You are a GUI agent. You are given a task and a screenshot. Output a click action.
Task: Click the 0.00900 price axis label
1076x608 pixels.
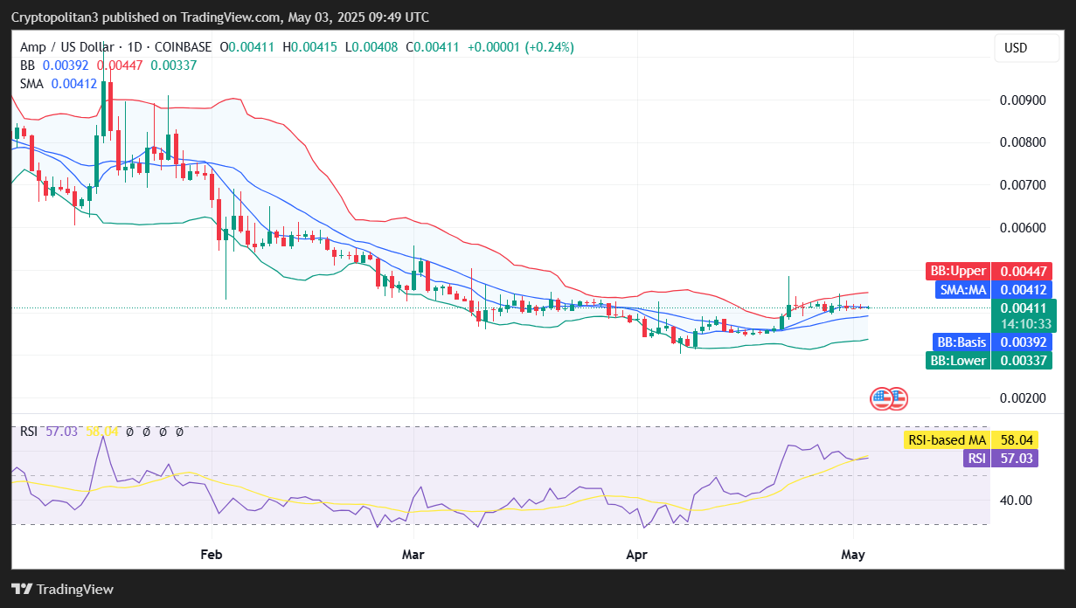point(1023,100)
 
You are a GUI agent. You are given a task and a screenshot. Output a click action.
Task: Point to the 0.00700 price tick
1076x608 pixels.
point(1023,185)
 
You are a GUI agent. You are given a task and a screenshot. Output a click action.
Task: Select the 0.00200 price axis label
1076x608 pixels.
point(1023,398)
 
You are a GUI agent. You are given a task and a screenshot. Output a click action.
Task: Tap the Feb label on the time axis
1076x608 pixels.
point(211,555)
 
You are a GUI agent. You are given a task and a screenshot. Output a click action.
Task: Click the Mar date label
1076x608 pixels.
point(413,555)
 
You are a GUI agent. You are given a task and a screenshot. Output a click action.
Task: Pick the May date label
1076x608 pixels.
point(852,555)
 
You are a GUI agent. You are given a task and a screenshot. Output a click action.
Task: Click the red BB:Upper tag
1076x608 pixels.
point(956,271)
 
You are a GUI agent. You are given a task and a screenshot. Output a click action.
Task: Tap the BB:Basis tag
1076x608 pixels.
point(961,342)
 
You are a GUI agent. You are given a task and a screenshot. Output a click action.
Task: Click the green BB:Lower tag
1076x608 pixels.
point(957,360)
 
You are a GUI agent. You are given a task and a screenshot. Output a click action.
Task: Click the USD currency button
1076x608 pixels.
point(1015,48)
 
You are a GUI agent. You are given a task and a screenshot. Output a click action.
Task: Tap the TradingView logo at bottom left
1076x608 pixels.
point(62,589)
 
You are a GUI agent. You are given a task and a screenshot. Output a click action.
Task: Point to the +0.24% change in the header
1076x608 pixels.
point(549,47)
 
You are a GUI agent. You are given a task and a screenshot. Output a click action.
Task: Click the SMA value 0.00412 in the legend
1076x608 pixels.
point(74,84)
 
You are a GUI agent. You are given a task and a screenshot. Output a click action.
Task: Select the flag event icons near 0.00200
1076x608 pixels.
point(889,399)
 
